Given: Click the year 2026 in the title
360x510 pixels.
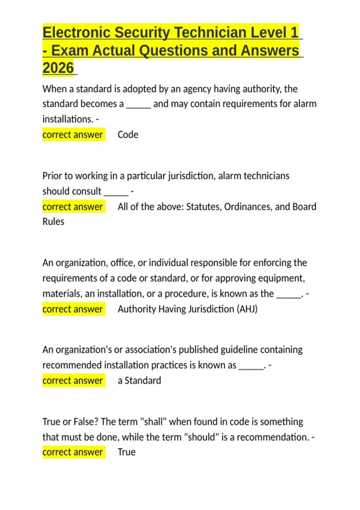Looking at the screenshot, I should (58, 68).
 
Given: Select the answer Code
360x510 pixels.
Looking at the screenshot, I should (128, 135).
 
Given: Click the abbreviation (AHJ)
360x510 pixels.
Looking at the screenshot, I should (247, 309).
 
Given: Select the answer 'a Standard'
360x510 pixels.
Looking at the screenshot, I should (139, 380).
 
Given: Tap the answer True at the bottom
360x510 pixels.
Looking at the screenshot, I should (127, 452).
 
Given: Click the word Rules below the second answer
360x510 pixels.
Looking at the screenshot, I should (53, 222).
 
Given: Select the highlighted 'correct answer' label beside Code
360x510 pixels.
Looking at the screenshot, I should (73, 135).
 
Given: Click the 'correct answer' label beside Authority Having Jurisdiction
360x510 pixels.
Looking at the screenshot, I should (73, 309).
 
